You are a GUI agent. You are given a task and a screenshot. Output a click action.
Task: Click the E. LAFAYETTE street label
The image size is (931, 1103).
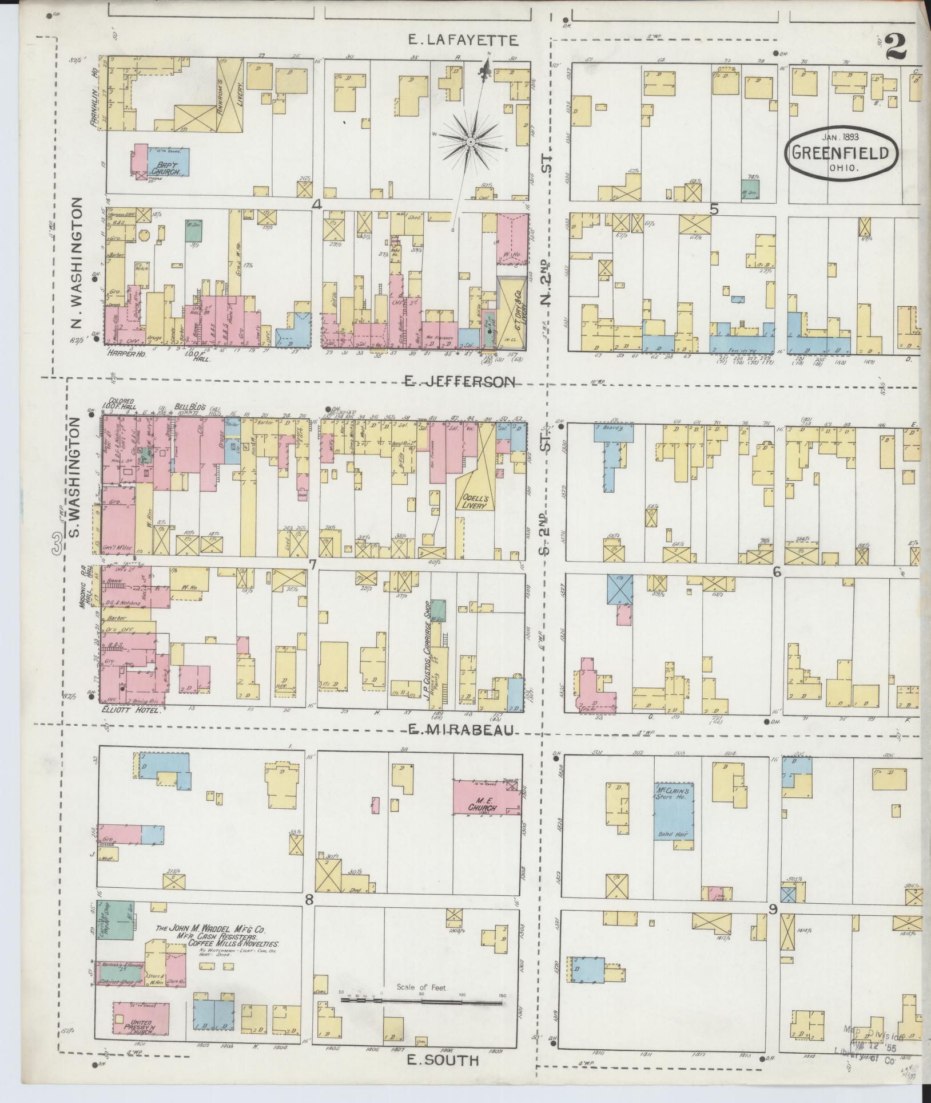point(463,39)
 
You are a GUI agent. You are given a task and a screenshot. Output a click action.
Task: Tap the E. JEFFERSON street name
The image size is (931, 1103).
point(460,381)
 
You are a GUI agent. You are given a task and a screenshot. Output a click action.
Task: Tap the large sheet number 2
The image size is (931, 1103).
point(895,46)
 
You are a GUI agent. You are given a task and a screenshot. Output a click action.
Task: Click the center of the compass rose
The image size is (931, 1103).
point(470,141)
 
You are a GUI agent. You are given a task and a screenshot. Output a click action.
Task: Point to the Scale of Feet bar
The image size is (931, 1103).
point(421,999)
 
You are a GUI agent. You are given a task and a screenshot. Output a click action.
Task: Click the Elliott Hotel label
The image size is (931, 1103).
point(130,709)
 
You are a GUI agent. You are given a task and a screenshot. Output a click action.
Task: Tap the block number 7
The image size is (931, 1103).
point(312,564)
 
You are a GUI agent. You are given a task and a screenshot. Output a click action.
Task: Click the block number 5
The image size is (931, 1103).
point(714,209)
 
